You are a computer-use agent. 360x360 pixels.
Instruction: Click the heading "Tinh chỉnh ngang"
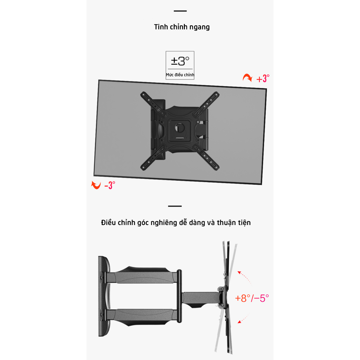pyautogui.click(x=182, y=27)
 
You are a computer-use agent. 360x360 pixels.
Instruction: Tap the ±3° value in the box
pyautogui.click(x=180, y=61)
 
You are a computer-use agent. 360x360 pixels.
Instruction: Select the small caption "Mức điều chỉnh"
pyautogui.click(x=180, y=75)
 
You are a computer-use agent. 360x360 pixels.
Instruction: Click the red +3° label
pyautogui.click(x=263, y=79)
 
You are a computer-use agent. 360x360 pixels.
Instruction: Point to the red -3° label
pyautogui.click(x=110, y=185)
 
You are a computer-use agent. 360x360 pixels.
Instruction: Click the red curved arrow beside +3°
pyautogui.click(x=247, y=78)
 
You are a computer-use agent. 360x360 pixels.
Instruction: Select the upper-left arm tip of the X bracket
pyautogui.click(x=143, y=94)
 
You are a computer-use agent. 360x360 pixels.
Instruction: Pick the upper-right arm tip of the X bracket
pyautogui.click(x=217, y=94)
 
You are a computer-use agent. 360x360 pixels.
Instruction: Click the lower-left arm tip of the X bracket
pyautogui.click(x=143, y=166)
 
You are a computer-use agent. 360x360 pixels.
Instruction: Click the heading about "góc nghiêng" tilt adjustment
pyautogui.click(x=176, y=223)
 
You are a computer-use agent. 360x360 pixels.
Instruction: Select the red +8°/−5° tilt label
pyautogui.click(x=252, y=298)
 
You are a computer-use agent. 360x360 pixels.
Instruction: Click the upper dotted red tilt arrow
pyautogui.click(x=245, y=277)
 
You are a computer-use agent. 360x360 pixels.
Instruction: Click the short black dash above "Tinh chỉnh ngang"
pyautogui.click(x=180, y=11)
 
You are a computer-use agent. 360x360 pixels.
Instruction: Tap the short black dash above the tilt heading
pyautogui.click(x=175, y=206)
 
